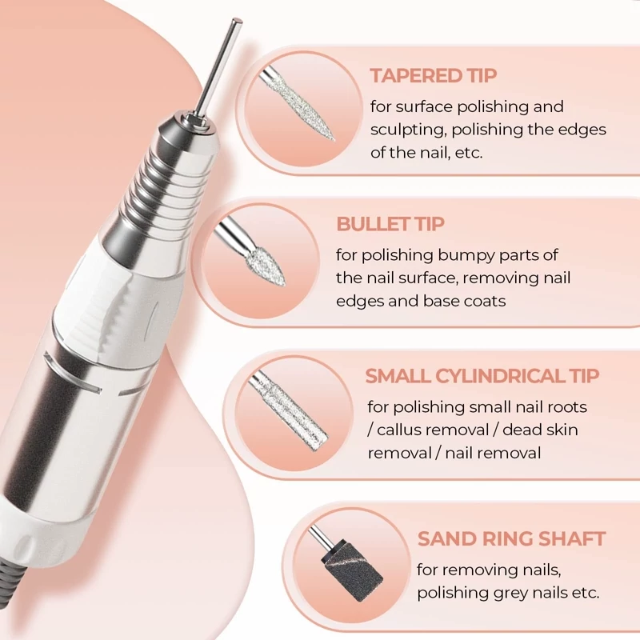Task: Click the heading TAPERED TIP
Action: (x=433, y=75)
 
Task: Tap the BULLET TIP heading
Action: (x=390, y=224)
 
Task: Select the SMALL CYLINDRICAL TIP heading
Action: (x=482, y=376)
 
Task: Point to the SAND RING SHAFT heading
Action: (x=511, y=538)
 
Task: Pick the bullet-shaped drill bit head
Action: (x=266, y=267)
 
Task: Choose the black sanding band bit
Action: (x=352, y=571)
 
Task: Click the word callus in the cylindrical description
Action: (x=398, y=430)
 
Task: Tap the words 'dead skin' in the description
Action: (x=539, y=430)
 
